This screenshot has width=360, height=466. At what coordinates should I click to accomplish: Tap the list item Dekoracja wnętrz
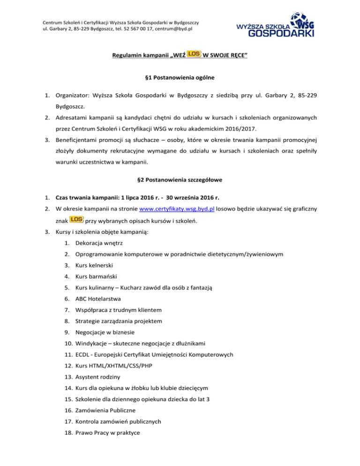[96, 243]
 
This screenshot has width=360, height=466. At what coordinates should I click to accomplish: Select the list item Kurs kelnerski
[91, 265]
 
